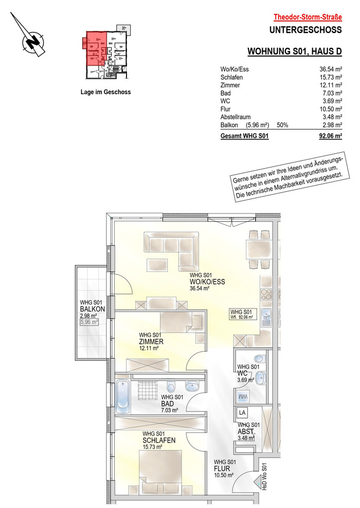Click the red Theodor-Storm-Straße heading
pyautogui.click(x=308, y=17)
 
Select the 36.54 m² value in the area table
pyautogui.click(x=331, y=69)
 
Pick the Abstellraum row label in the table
pyautogui.click(x=235, y=117)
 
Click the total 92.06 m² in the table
pyautogui.click(x=331, y=136)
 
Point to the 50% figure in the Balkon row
pyautogui.click(x=282, y=125)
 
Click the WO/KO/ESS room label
pyautogui.click(x=207, y=282)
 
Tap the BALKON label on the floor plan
pyautogui.click(x=93, y=309)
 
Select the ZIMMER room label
pyautogui.click(x=151, y=341)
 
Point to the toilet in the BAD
pyautogui.click(x=171, y=387)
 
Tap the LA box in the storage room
pyautogui.click(x=242, y=412)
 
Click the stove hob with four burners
pyautogui.click(x=266, y=294)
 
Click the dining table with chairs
pyautogui.click(x=259, y=249)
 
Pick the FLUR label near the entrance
pyautogui.click(x=222, y=468)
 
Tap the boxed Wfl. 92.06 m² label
pyautogui.click(x=243, y=314)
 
